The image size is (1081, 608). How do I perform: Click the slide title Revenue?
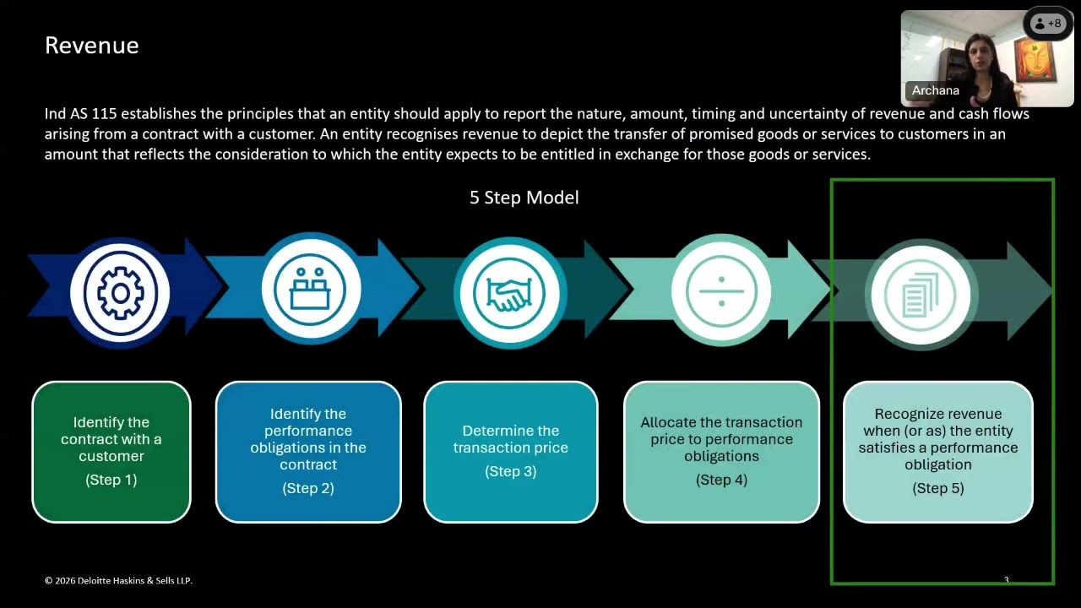coord(91,46)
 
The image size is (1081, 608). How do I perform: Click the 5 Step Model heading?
coord(524,198)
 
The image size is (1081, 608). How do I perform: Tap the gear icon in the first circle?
coord(120,292)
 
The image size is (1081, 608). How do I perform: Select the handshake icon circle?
coord(510,292)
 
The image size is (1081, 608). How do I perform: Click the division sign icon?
coord(720,292)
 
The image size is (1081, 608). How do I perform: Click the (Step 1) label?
coord(111,480)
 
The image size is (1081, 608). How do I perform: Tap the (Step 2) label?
coord(308,488)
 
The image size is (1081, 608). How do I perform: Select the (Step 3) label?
coord(510,471)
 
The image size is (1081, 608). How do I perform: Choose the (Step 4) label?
coord(721,480)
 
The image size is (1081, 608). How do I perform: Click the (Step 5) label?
coord(937,488)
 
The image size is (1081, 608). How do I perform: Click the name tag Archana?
coord(935,90)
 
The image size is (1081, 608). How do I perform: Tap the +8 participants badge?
coord(1047,24)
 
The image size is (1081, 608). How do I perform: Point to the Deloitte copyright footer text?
coord(118,580)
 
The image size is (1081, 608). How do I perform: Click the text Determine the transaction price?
coord(510,439)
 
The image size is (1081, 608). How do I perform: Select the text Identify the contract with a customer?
coord(111,439)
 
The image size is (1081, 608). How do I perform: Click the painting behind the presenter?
coord(1041,63)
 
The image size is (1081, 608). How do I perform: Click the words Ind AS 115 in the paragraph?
coord(80,113)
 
